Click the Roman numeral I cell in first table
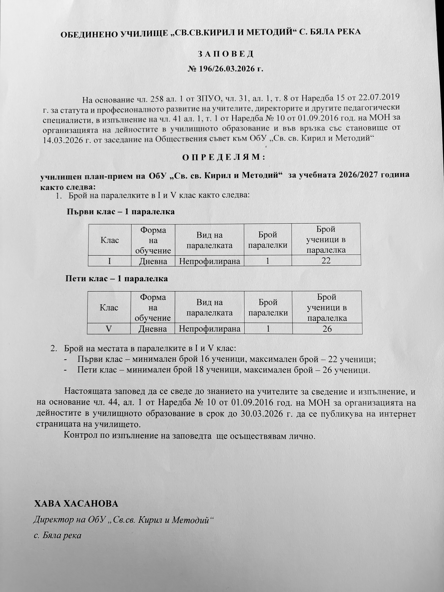(x=109, y=261)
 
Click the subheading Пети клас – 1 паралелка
(x=117, y=279)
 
